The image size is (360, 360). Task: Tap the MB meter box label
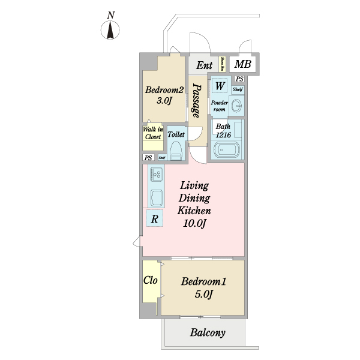[242, 64]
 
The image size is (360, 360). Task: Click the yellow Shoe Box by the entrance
[223, 64]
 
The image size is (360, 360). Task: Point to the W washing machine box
[220, 86]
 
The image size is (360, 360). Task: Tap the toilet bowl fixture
[176, 152]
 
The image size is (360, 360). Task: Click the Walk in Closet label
[152, 133]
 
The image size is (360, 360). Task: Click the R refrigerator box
[154, 219]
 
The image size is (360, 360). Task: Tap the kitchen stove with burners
[157, 175]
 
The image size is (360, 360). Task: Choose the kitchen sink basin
[157, 197]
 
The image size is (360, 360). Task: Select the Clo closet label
[150, 280]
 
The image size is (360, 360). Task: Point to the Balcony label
[208, 333]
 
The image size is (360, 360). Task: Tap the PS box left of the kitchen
[148, 158]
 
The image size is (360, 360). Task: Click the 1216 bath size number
[223, 136]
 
